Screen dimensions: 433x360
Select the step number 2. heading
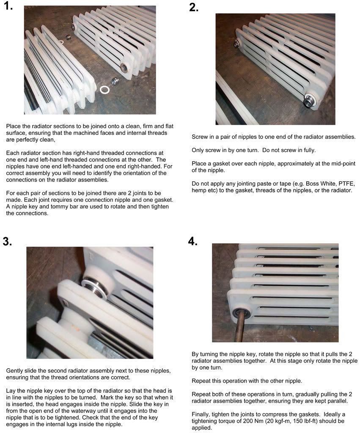tap(194, 8)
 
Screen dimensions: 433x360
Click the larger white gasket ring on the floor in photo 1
tap(104, 90)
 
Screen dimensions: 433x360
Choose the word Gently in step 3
tap(16, 371)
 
